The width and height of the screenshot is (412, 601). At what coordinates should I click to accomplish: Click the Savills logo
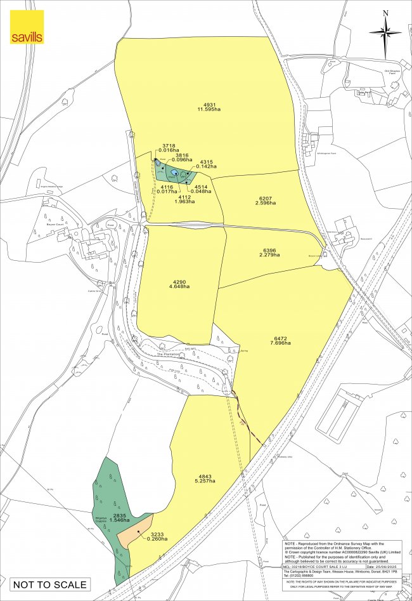pos(27,27)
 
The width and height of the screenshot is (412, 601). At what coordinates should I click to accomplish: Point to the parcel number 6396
pos(269,249)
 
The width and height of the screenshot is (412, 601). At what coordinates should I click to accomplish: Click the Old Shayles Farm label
pos(394,72)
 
